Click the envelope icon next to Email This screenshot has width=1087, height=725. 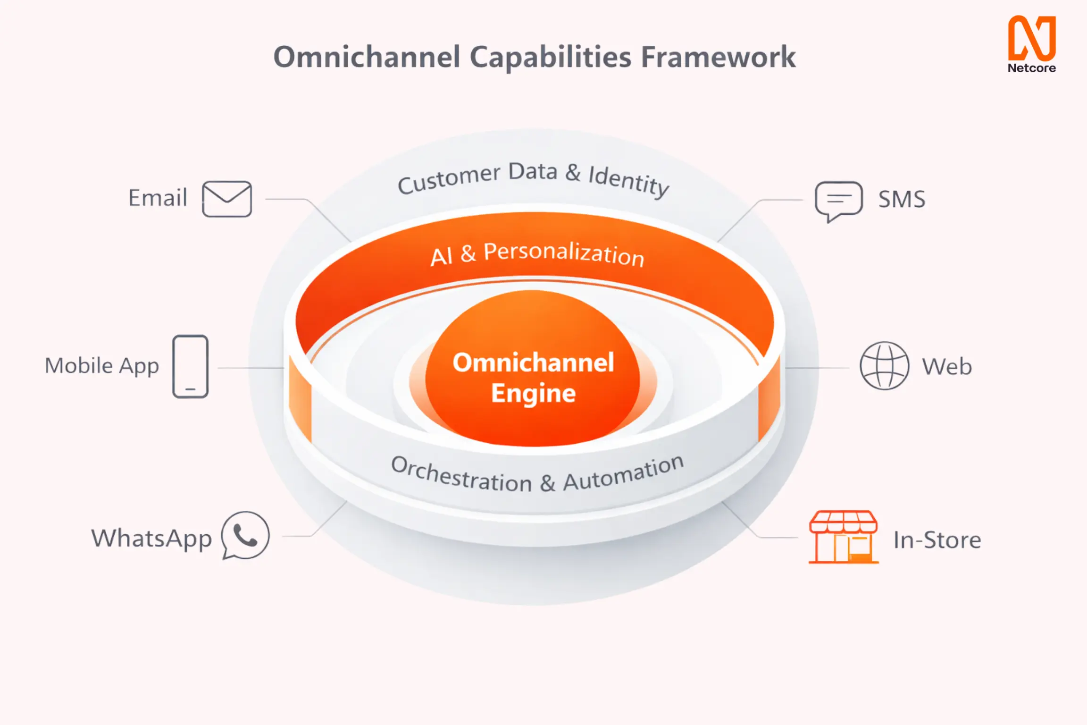click(x=227, y=199)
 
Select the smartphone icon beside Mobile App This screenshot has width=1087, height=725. click(x=191, y=366)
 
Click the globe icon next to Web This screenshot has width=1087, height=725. click(x=884, y=366)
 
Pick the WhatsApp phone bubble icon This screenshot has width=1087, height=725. click(x=245, y=536)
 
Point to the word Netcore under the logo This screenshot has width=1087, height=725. click(x=1032, y=68)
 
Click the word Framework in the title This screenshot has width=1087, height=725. click(x=718, y=57)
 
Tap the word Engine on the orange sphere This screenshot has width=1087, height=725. click(x=534, y=393)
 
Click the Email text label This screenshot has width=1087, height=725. click(x=158, y=198)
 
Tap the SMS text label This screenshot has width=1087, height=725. click(x=902, y=199)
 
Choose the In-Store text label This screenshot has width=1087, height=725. click(x=937, y=540)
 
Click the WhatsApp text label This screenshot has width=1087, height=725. click(x=151, y=539)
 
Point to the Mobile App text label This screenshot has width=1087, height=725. click(x=102, y=366)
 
